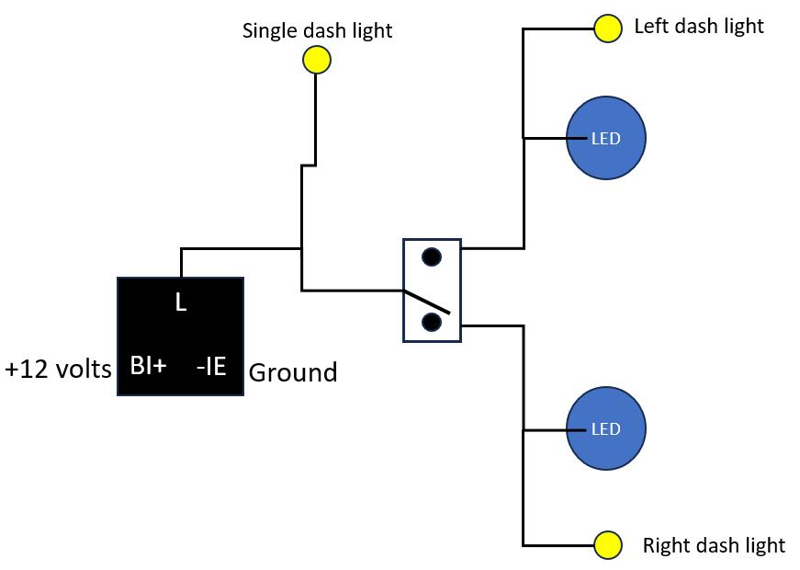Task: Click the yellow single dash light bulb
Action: pyautogui.click(x=317, y=60)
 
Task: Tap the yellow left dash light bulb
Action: pyautogui.click(x=608, y=28)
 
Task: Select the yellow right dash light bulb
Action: pyautogui.click(x=608, y=545)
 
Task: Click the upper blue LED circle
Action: pyautogui.click(x=606, y=138)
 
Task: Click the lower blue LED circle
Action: pyautogui.click(x=606, y=428)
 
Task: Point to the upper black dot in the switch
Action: pyautogui.click(x=432, y=256)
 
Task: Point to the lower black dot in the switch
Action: pyautogui.click(x=432, y=323)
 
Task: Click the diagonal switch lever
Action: pyautogui.click(x=427, y=302)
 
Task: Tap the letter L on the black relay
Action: pyautogui.click(x=181, y=302)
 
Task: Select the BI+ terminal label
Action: pyautogui.click(x=149, y=366)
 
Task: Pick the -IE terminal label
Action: pyautogui.click(x=211, y=366)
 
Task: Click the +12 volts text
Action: pyautogui.click(x=58, y=369)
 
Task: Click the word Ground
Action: pyautogui.click(x=293, y=372)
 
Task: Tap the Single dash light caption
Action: pyautogui.click(x=317, y=30)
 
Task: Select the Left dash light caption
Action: pyautogui.click(x=699, y=26)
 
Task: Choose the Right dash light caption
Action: pyautogui.click(x=714, y=545)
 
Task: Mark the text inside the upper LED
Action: pyautogui.click(x=605, y=139)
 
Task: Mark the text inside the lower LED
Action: pyautogui.click(x=605, y=429)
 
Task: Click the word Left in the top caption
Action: pyautogui.click(x=651, y=26)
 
